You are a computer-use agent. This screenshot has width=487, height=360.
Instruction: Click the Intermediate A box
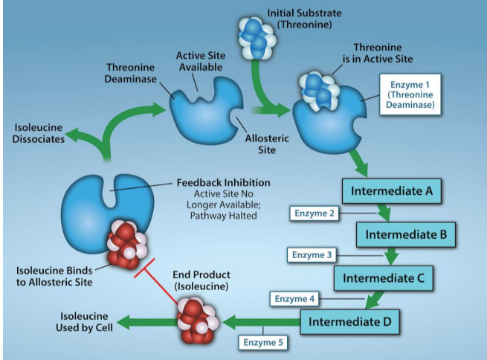pos(391,191)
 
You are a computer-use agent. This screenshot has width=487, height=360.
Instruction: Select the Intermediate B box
pos(405,234)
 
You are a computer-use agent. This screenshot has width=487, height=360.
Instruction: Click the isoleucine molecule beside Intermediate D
pos(199,321)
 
